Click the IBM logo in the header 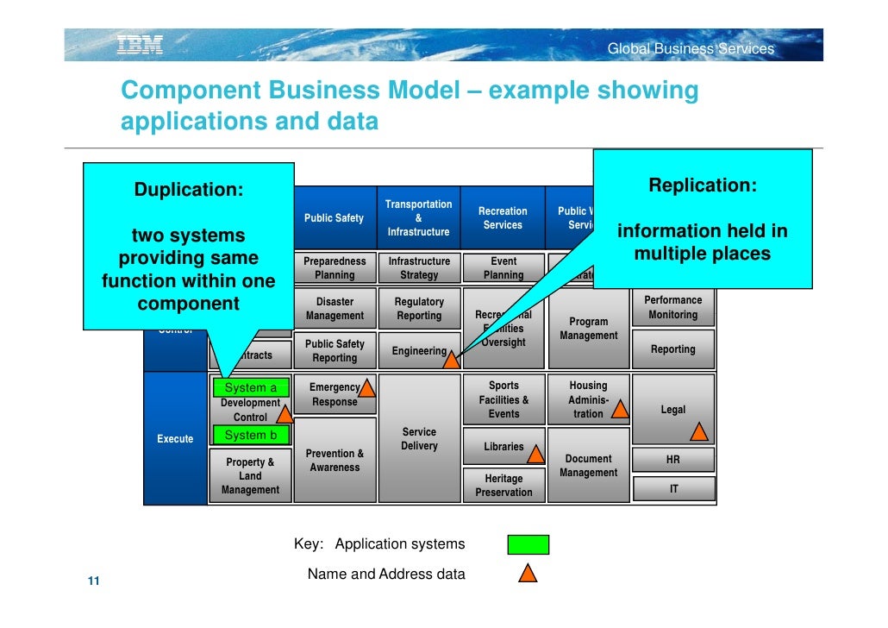[x=140, y=46]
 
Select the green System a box [x=250, y=388]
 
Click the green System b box [x=250, y=436]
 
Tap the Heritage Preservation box [x=503, y=485]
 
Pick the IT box [x=673, y=489]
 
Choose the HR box [x=673, y=460]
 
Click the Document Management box [x=588, y=466]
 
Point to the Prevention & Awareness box [x=335, y=461]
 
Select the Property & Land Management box [x=250, y=476]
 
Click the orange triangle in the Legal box [x=699, y=431]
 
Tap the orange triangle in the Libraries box [x=535, y=453]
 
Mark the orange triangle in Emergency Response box [x=366, y=387]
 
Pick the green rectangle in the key [x=528, y=544]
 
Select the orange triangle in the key [x=528, y=572]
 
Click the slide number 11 [x=93, y=581]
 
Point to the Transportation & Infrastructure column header [x=418, y=218]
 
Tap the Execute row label [x=175, y=439]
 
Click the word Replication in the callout [x=703, y=185]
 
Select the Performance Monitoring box [x=673, y=308]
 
